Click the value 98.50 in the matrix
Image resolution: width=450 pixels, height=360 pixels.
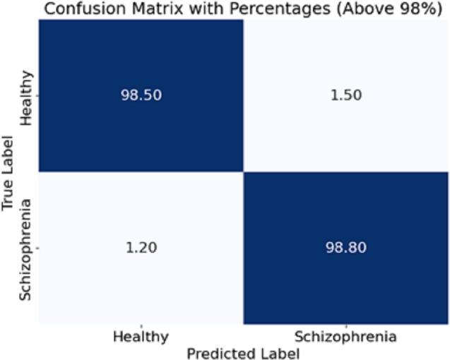[141, 96]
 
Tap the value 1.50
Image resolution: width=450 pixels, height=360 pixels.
[346, 96]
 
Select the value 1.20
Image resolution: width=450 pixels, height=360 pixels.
[141, 248]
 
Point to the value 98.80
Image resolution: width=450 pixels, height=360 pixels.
[346, 248]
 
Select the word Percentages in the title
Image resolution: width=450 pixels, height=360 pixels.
[251, 9]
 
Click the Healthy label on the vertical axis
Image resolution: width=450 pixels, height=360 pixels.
[27, 97]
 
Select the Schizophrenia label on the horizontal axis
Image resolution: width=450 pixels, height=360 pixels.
[345, 337]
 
